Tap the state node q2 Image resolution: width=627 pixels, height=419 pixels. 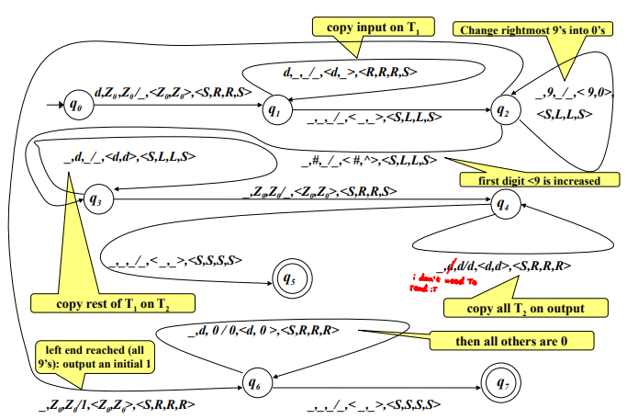[502, 109]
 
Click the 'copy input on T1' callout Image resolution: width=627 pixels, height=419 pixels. [372, 27]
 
